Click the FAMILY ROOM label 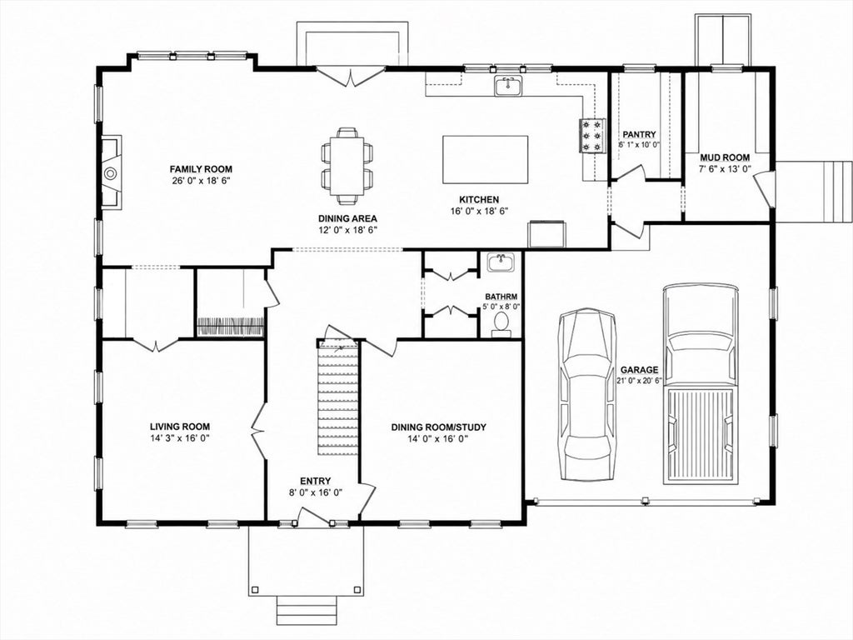(201, 168)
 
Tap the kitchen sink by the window (508, 86)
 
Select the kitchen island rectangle (486, 159)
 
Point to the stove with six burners (592, 136)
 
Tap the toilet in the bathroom (501, 325)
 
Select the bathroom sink (501, 262)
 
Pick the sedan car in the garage (588, 394)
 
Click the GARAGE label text (639, 369)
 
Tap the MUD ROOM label (725, 157)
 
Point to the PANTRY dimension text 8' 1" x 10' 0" (639, 145)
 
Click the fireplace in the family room (111, 172)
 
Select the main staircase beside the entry (338, 397)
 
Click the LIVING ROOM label (180, 427)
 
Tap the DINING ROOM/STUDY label (438, 427)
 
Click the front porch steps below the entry (306, 610)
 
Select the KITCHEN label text (479, 200)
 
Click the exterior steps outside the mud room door (813, 192)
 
